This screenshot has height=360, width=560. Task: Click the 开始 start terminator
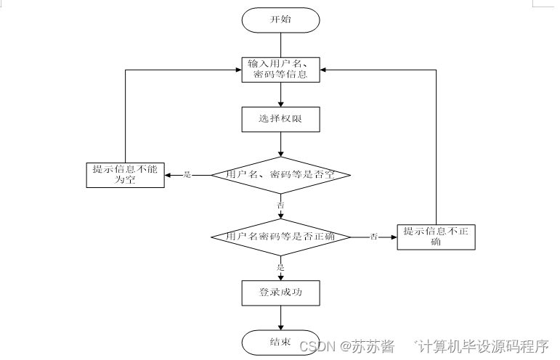click(280, 20)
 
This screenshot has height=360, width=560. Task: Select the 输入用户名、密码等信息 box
click(280, 70)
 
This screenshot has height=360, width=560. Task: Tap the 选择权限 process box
click(280, 120)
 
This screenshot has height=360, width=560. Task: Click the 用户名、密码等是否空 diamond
click(280, 175)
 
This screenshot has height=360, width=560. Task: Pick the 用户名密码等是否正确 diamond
click(280, 237)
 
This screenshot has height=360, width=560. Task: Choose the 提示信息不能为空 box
click(125, 175)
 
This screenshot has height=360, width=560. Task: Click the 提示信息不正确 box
click(436, 237)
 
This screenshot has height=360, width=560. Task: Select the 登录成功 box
click(280, 293)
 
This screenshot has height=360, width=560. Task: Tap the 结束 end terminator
click(280, 342)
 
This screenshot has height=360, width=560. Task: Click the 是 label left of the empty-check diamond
click(187, 175)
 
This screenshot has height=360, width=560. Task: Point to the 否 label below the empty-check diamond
click(280, 205)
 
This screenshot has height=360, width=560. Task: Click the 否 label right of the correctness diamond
click(374, 237)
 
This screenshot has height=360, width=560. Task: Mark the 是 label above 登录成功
click(280, 267)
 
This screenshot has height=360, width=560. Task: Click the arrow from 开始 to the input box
click(280, 44)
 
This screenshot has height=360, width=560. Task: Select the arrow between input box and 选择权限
click(280, 94)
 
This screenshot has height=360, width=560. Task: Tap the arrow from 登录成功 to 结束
click(280, 317)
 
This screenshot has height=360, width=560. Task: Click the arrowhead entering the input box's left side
click(238, 70)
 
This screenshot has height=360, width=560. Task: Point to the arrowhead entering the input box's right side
click(323, 70)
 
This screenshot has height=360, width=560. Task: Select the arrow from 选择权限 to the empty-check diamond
click(280, 144)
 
